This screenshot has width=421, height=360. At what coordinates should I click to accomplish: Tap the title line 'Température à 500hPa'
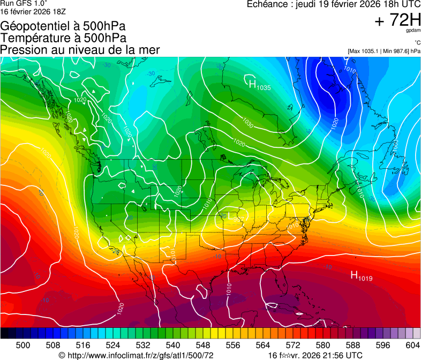point(63,38)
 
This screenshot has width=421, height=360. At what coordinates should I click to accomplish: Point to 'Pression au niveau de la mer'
point(80,50)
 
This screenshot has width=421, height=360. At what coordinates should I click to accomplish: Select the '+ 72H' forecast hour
point(397,20)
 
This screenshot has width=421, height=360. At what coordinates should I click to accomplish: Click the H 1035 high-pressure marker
point(259,84)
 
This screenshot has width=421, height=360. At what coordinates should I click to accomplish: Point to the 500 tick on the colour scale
point(23,346)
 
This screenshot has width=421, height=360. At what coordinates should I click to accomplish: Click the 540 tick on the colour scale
point(173,346)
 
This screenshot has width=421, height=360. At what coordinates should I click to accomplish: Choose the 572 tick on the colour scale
point(293,346)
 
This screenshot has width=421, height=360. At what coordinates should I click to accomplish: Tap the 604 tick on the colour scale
point(413,346)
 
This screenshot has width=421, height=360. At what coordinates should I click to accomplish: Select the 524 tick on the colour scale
point(113,346)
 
